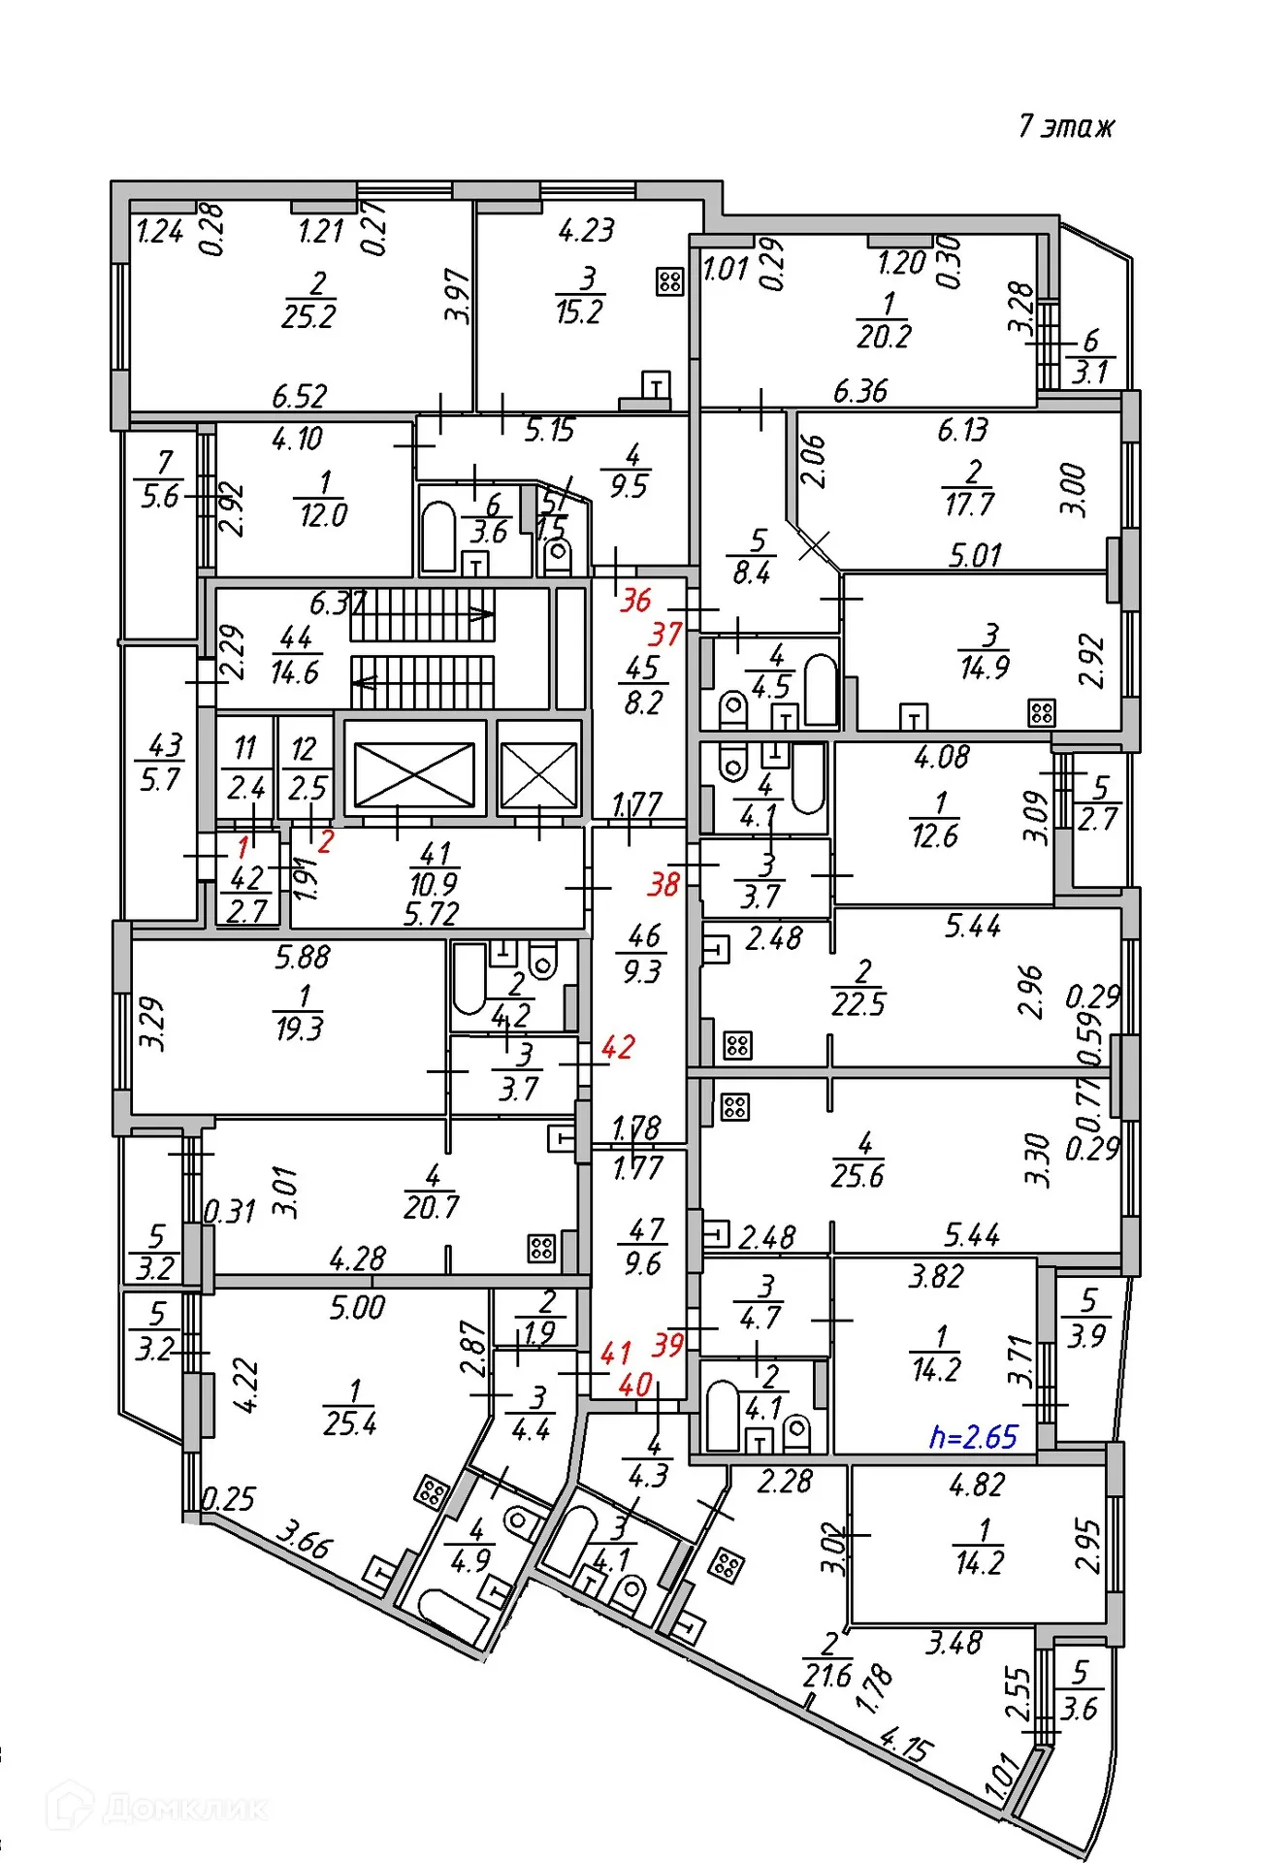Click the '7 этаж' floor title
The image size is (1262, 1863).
tap(1066, 126)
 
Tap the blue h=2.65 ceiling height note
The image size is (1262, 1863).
tap(973, 1436)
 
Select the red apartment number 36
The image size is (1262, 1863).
tap(635, 600)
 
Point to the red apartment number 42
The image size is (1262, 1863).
tap(618, 1047)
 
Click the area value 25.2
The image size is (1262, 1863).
tap(308, 316)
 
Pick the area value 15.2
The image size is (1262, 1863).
tap(579, 312)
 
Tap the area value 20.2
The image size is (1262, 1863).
tap(884, 337)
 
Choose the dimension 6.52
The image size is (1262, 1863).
tap(299, 396)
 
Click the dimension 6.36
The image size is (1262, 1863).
tap(859, 391)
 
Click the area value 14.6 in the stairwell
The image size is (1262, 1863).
tap(294, 671)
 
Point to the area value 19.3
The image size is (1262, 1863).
tap(299, 1029)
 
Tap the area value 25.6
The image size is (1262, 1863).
tap(858, 1176)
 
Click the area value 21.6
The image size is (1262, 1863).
tap(826, 1676)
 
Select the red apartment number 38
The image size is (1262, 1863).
tap(663, 884)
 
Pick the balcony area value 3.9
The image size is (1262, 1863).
tap(1086, 1336)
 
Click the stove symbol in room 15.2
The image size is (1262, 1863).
tap(669, 281)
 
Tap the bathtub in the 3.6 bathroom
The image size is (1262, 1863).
tap(438, 536)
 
